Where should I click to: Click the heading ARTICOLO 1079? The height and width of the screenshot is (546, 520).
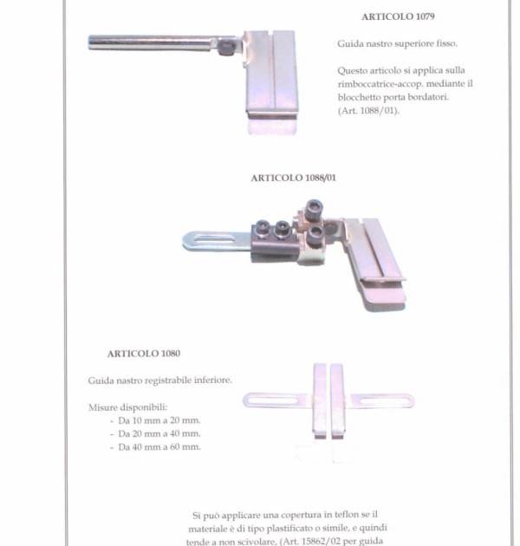(x=398, y=16)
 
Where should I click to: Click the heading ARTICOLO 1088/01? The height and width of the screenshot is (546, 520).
(x=293, y=178)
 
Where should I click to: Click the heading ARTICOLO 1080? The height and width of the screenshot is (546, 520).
(x=144, y=354)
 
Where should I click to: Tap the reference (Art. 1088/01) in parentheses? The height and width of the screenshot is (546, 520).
(x=368, y=111)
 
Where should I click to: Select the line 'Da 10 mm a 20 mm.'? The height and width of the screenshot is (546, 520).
(x=159, y=420)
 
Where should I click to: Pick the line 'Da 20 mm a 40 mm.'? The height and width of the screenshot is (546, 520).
(x=159, y=433)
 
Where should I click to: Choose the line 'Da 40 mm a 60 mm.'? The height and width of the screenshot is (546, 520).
(x=159, y=446)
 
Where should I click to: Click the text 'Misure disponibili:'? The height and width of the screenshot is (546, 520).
(x=127, y=407)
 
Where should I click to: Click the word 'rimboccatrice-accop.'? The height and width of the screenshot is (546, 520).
(x=380, y=84)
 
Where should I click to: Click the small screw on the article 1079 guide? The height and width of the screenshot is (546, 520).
(x=227, y=47)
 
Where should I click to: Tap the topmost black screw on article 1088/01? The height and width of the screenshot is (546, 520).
(x=314, y=209)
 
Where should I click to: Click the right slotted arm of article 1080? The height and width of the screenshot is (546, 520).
(x=381, y=400)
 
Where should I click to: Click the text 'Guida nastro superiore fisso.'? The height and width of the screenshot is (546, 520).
(x=397, y=44)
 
